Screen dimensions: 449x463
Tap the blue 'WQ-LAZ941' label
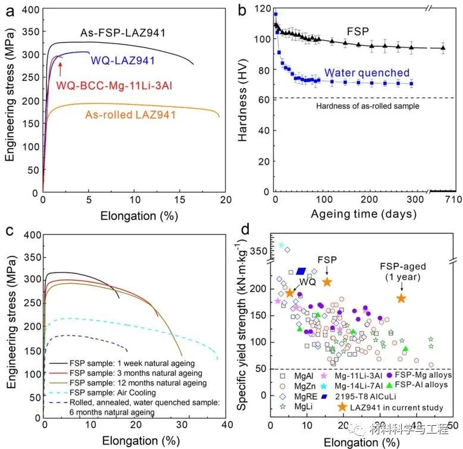click(114, 60)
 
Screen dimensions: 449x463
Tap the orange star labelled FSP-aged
click(401, 298)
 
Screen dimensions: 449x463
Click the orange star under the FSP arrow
click(327, 282)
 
